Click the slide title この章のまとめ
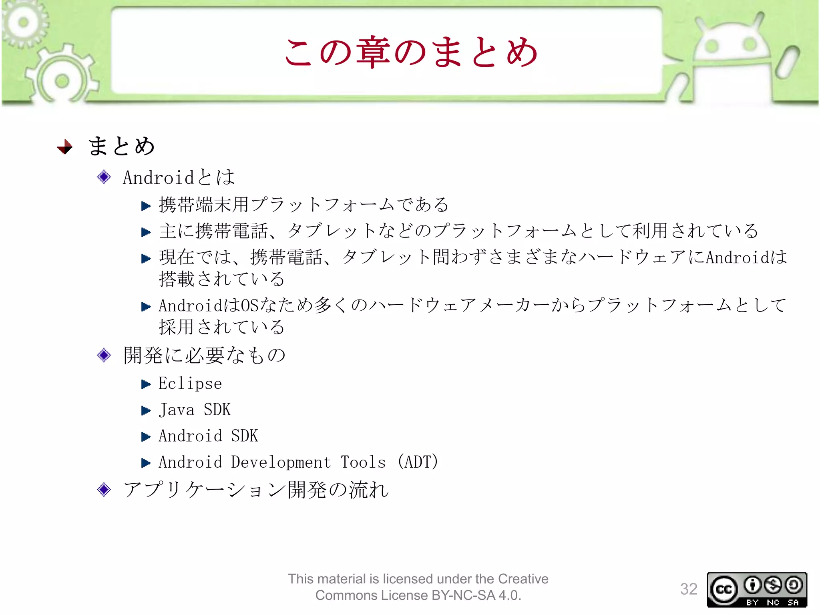[411, 52]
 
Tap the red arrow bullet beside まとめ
[65, 147]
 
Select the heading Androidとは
[179, 177]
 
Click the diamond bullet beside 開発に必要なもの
[104, 355]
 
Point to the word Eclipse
[190, 384]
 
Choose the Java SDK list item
[195, 410]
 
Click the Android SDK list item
[208, 436]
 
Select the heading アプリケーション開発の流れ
[256, 490]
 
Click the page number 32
[689, 589]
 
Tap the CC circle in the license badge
[724, 589]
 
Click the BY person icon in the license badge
[752, 585]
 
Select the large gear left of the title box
[62, 80]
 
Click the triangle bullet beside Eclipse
[146, 384]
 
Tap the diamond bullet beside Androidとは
[104, 177]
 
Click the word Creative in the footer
[523, 579]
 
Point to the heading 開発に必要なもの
[204, 355]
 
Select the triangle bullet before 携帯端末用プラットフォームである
[146, 206]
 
